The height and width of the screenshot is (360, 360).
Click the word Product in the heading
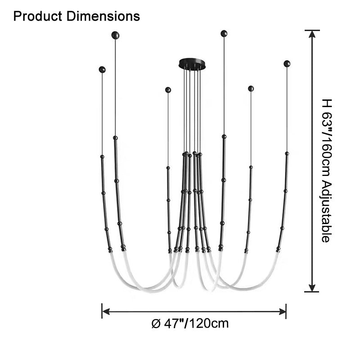(x=38, y=16)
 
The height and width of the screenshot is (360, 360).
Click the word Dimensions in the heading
(x=103, y=16)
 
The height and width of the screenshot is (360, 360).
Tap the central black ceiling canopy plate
(x=192, y=63)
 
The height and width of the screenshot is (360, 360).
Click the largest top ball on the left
(x=115, y=35)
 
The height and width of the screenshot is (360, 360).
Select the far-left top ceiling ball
(x=102, y=70)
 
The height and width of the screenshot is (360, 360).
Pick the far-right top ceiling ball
(x=287, y=63)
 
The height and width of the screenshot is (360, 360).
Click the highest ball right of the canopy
(x=224, y=33)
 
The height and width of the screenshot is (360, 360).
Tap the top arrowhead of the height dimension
(x=312, y=34)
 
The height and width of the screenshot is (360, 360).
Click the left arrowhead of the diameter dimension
(x=106, y=311)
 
